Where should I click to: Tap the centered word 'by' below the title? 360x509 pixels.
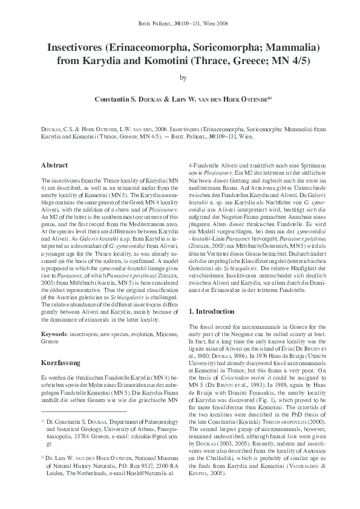click(180, 77)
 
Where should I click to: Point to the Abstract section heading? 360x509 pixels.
click(54, 165)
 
